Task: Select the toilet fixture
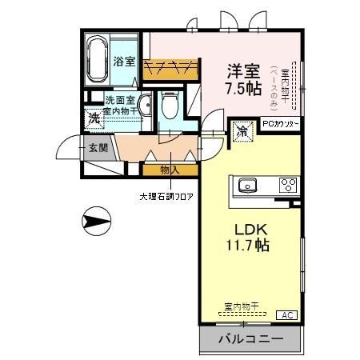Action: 169,103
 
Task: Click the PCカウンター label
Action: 280,124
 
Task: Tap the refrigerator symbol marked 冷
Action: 241,130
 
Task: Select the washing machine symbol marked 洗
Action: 94,118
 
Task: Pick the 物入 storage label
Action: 169,170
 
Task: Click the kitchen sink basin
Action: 246,187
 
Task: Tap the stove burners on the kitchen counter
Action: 288,186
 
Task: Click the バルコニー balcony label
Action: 250,339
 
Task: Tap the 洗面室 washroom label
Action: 121,100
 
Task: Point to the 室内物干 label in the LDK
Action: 241,306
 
